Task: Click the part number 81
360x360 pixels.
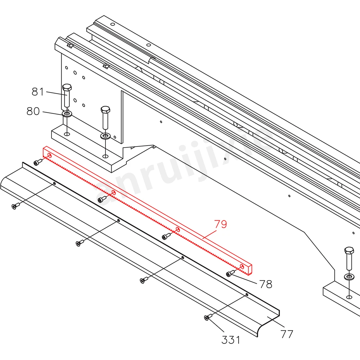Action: [x=37, y=92]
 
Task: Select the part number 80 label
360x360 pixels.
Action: [x=33, y=111]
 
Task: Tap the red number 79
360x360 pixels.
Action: [x=221, y=224]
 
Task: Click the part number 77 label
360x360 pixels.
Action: [x=287, y=334]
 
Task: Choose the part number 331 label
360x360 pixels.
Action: [x=230, y=339]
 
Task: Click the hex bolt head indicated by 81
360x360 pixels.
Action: [x=67, y=87]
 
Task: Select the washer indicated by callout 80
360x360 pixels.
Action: [x=67, y=114]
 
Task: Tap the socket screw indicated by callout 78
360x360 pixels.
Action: [x=229, y=274]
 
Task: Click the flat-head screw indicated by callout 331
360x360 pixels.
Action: [x=207, y=318]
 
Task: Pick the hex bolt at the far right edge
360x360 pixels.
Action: [x=349, y=251]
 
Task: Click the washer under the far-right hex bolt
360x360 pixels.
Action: [x=349, y=277]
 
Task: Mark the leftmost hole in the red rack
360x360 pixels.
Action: [x=49, y=156]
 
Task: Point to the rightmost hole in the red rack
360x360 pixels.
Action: [x=242, y=267]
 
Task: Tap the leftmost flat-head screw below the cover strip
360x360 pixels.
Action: [x=14, y=206]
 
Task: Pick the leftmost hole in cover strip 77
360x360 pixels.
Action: [x=54, y=183]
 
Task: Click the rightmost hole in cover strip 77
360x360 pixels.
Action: [x=247, y=294]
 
